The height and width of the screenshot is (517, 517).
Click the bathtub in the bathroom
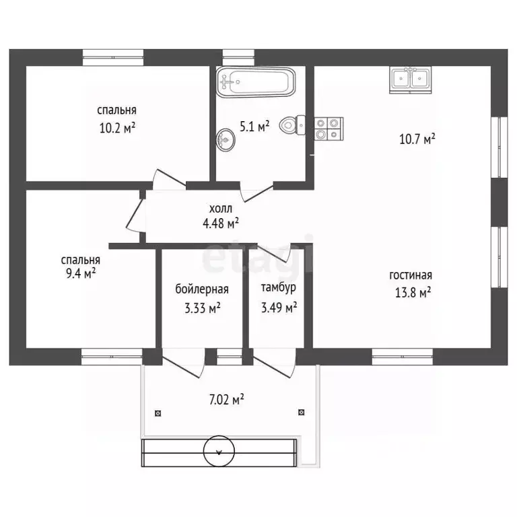256,82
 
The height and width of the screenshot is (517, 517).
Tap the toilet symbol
292,125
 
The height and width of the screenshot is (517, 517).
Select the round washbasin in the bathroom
226,140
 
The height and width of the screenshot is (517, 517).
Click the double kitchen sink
410,79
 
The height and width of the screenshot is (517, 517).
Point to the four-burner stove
329,129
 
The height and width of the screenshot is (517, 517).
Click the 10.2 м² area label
117,128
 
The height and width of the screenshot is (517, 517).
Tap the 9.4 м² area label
81,273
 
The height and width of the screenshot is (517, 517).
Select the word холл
221,209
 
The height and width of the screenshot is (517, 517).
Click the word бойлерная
202,289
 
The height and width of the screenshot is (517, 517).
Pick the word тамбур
278,287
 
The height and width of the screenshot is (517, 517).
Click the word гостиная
411,275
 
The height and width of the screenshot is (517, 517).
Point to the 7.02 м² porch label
226,400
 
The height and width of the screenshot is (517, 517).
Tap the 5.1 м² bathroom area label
254,127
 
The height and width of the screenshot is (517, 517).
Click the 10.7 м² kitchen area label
417,139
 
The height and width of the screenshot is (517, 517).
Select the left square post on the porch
158,413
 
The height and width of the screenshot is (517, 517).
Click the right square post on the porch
301,412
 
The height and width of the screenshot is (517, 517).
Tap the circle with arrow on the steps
219,452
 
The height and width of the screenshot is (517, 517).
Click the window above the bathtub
238,57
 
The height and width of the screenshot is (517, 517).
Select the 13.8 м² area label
413,292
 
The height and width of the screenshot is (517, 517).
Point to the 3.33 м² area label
202,308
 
